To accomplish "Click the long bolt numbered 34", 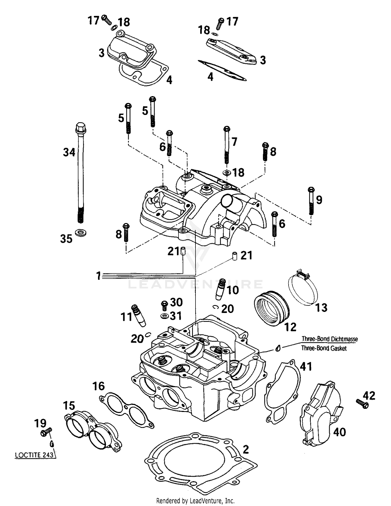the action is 81,172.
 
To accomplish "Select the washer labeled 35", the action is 81,232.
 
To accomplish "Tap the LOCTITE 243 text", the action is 34,455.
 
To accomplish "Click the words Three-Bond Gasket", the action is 324,348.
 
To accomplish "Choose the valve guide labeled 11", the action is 138,315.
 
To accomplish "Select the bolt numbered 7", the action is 227,145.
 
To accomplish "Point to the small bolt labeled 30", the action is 164,305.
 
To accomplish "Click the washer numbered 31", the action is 164,316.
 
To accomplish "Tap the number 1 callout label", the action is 98,276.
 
